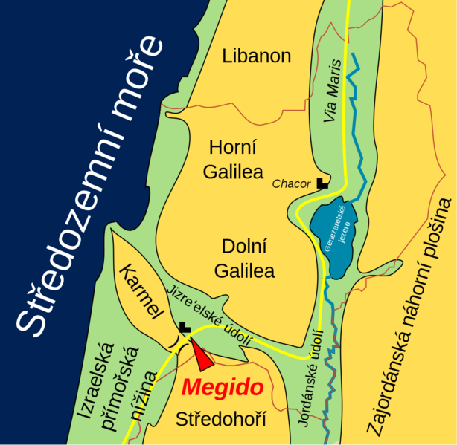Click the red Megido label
click(x=223, y=388)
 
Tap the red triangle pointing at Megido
click(x=201, y=354)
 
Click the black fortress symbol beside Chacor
click(x=322, y=182)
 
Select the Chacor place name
click(x=293, y=183)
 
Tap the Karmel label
click(x=141, y=290)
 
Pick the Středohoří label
click(x=220, y=420)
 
